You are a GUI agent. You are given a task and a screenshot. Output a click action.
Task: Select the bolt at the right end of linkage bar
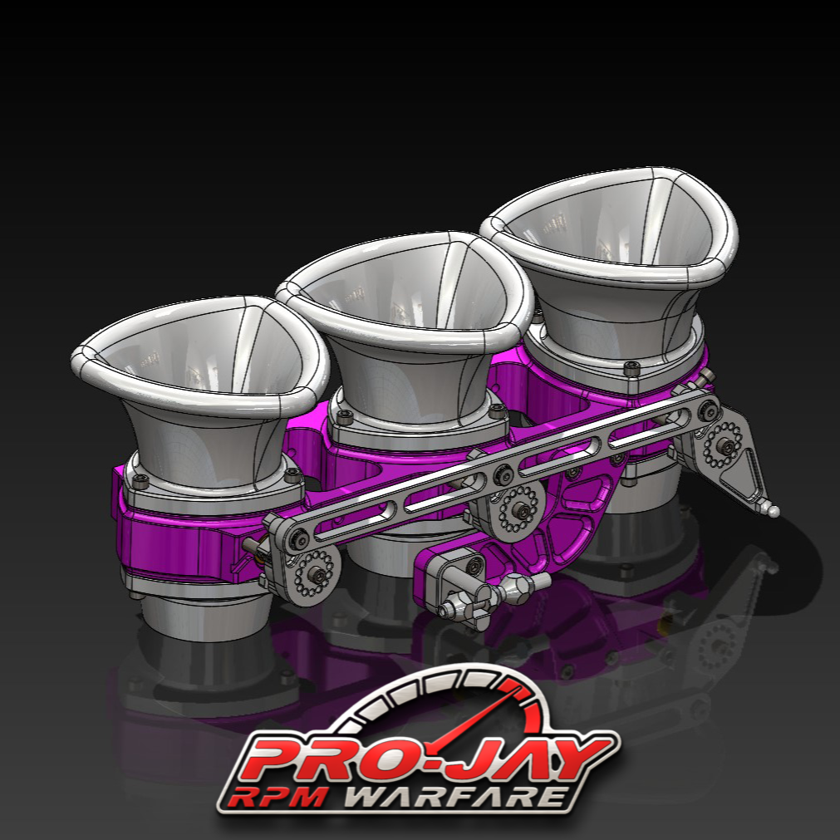click(x=707, y=408)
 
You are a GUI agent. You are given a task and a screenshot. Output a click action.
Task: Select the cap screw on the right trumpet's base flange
click(x=630, y=366)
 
